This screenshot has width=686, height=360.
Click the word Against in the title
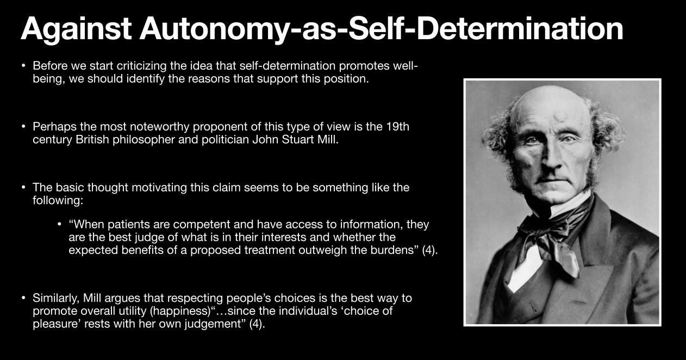[x=76, y=29]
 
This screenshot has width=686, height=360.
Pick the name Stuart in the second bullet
[x=295, y=139]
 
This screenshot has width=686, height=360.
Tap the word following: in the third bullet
[x=58, y=200]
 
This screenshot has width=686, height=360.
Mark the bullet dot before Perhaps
[x=23, y=127]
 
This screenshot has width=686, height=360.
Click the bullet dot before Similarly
[x=23, y=298]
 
